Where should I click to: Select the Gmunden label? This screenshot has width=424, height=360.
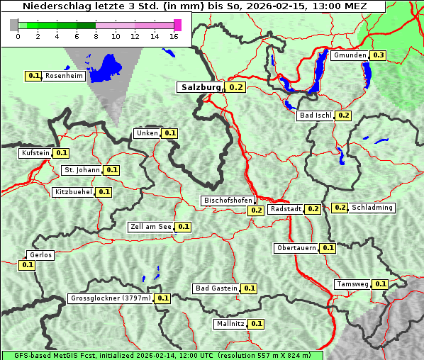[x=350, y=55]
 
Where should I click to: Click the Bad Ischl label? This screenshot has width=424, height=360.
[x=316, y=116]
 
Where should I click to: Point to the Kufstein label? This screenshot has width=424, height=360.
[x=35, y=152]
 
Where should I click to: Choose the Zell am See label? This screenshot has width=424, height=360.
[x=150, y=227]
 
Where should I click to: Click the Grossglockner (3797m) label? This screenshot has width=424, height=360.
[x=111, y=298]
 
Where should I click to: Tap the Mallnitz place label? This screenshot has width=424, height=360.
[x=230, y=324]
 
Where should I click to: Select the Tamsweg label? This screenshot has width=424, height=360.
[x=352, y=284]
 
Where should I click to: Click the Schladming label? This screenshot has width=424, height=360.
[x=372, y=208]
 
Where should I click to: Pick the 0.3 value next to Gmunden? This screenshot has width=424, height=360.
[x=379, y=55]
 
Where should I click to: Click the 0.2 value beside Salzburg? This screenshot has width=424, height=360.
[x=236, y=88]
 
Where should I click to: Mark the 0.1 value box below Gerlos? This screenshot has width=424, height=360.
[x=28, y=265]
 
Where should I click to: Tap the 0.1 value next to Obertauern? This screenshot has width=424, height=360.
[x=328, y=248]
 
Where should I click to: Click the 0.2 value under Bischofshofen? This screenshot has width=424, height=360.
[x=256, y=210]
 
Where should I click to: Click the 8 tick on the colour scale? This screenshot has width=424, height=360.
[x=96, y=36]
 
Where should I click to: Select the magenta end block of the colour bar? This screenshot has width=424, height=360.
[x=177, y=25]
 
